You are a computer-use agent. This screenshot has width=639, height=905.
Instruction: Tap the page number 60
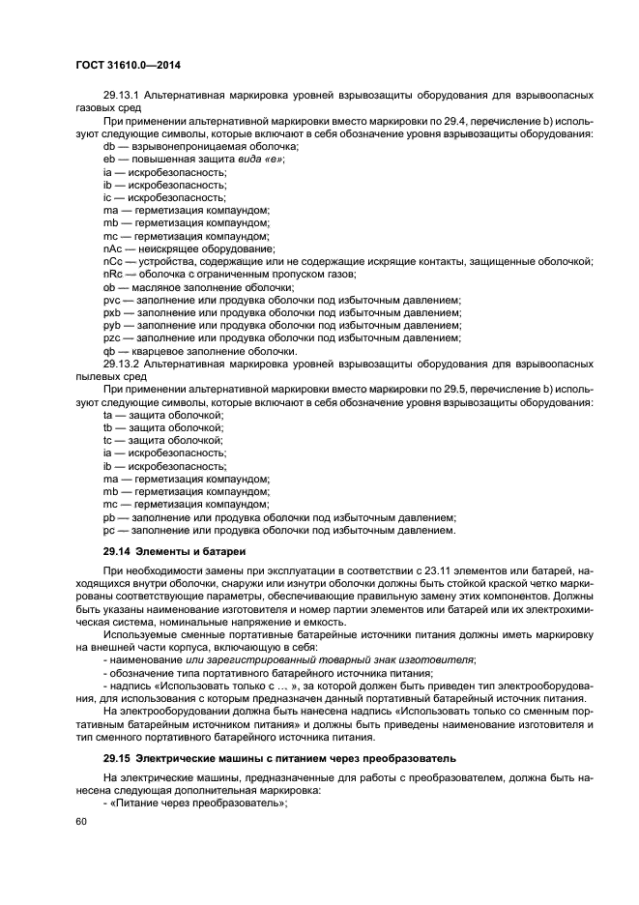(80, 822)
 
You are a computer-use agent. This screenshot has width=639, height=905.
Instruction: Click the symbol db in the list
(109, 146)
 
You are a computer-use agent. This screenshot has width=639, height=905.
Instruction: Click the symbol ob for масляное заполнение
(109, 287)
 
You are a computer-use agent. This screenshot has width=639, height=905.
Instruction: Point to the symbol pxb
(111, 312)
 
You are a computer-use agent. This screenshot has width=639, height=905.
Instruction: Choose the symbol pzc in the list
(111, 337)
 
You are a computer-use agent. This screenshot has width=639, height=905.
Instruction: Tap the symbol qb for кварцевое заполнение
(109, 351)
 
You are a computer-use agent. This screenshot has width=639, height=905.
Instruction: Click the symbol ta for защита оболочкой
(108, 414)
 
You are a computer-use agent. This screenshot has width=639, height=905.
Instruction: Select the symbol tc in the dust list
(108, 439)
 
